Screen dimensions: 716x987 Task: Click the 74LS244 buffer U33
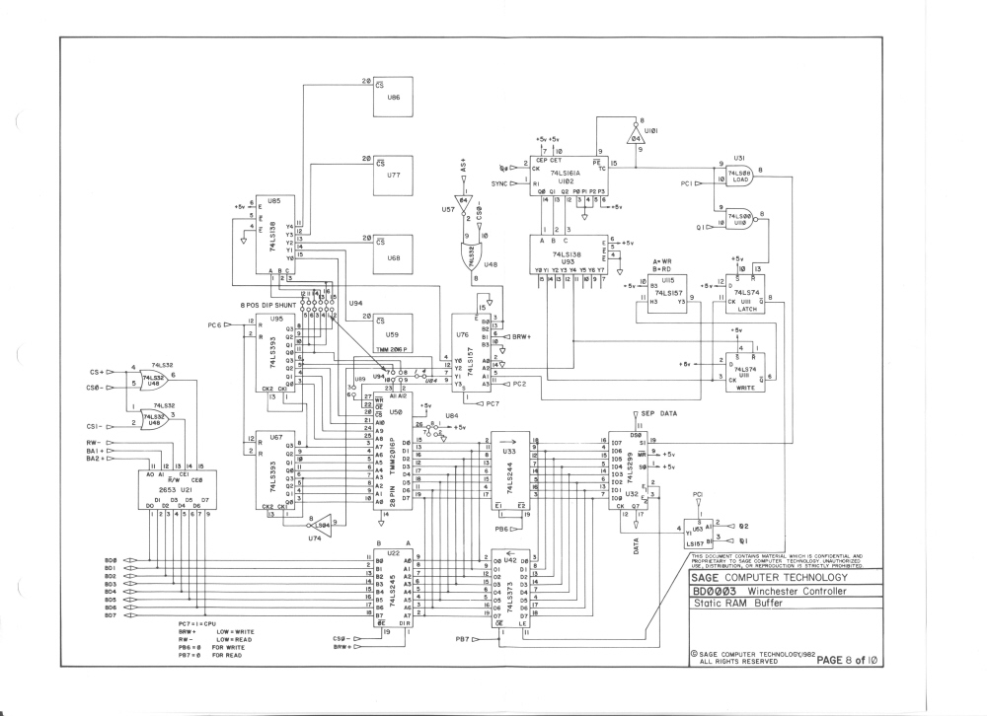(510, 472)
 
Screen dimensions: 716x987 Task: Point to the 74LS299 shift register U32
(628, 472)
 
